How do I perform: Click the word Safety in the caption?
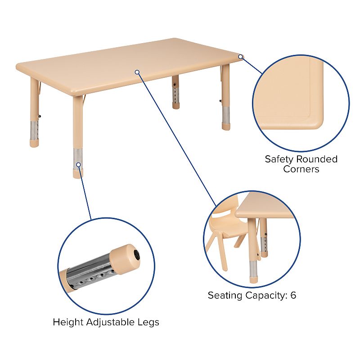click(x=279, y=159)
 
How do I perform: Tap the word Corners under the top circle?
click(x=301, y=169)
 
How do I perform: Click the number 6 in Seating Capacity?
click(x=293, y=296)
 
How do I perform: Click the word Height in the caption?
click(x=66, y=322)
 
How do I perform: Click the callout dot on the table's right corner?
click(x=241, y=57)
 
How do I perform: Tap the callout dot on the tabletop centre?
click(x=137, y=72)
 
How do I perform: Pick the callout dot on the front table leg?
click(x=78, y=165)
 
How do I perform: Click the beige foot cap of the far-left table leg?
click(x=34, y=142)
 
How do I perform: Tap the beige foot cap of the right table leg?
click(x=225, y=126)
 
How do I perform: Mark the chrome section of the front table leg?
click(x=77, y=157)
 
